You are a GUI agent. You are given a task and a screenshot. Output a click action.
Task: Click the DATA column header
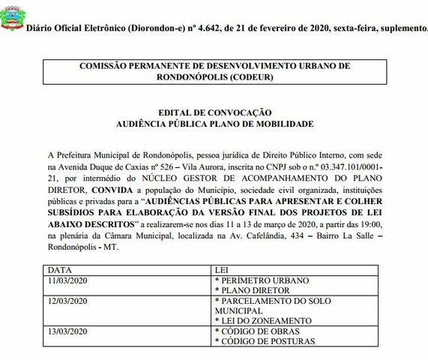(60, 268)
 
